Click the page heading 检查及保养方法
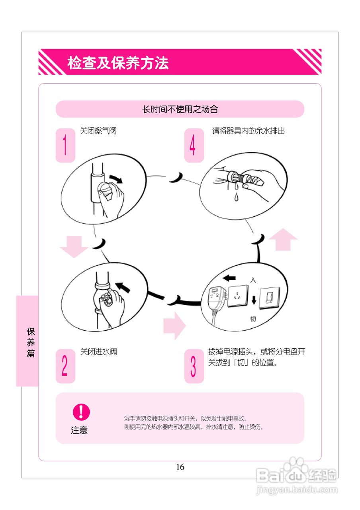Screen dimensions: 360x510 (118, 63)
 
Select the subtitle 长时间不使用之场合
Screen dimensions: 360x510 (180, 109)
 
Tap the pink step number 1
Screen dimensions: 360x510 (65, 145)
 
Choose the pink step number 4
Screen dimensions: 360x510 (193, 145)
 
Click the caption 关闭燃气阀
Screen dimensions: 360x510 (98, 131)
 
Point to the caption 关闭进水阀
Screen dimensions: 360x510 (98, 351)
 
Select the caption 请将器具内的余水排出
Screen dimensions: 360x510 (248, 131)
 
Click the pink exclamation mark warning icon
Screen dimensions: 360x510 (81, 412)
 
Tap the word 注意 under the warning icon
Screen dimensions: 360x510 (79, 430)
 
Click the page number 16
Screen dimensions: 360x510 (180, 467)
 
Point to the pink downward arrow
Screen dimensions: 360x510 (74, 246)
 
